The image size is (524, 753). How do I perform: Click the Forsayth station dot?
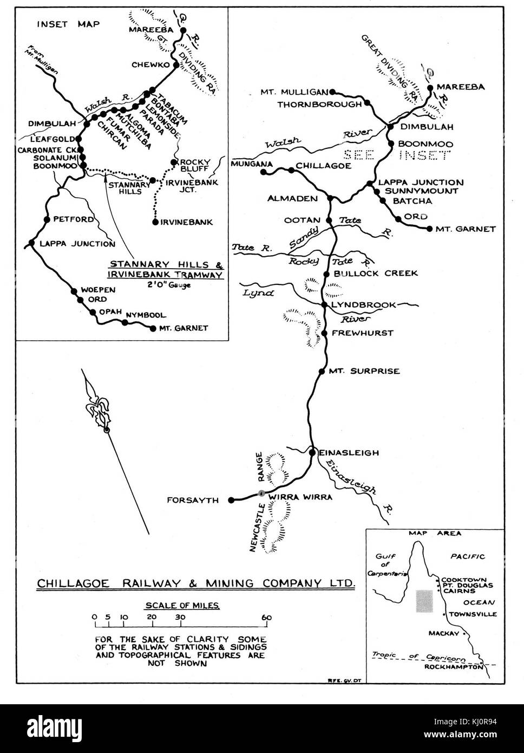click(x=231, y=499)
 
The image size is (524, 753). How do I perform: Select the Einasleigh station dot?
click(x=312, y=452)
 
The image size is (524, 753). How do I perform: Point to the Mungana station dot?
click(x=264, y=172)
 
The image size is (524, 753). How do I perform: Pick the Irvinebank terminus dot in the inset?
click(x=155, y=222)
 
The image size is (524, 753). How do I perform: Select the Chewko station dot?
click(x=175, y=65)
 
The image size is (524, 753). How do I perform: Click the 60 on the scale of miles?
click(x=266, y=617)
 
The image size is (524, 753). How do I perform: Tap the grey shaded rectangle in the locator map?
click(x=424, y=601)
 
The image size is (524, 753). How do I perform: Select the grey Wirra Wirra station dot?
click(x=261, y=493)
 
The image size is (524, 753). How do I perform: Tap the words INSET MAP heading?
click(x=68, y=24)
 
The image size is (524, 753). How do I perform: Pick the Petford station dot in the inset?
click(x=47, y=220)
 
